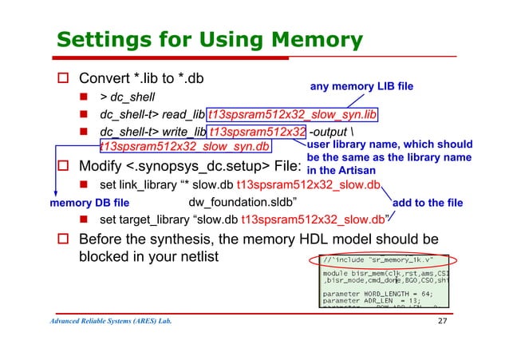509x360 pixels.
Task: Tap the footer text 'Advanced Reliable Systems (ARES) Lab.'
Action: click(x=112, y=321)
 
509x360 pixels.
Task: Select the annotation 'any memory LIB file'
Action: click(x=361, y=85)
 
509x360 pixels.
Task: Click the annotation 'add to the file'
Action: click(x=428, y=203)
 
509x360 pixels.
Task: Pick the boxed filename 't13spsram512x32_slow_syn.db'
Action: click(x=184, y=146)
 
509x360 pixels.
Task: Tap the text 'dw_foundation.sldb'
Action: click(x=243, y=202)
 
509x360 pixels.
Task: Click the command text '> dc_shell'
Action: click(x=127, y=97)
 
